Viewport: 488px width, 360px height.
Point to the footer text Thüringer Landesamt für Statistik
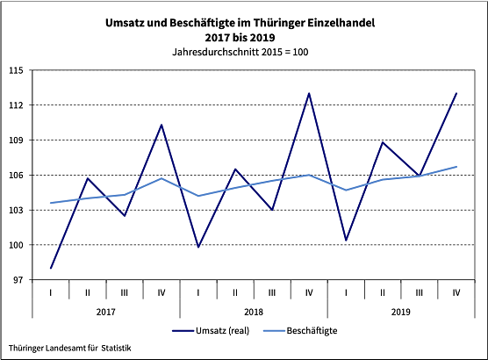point(70,349)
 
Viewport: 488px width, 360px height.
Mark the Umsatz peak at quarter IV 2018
point(309,93)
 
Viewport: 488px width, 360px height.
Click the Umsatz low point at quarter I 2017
point(52,268)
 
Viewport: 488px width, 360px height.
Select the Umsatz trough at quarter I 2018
point(198,247)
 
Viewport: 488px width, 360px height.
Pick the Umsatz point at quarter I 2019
point(346,240)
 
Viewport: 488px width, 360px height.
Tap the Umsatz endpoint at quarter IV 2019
point(456,93)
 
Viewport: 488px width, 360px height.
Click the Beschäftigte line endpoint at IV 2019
point(456,166)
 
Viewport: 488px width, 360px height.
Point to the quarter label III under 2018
point(272,292)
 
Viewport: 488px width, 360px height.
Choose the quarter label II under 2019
point(383,292)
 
